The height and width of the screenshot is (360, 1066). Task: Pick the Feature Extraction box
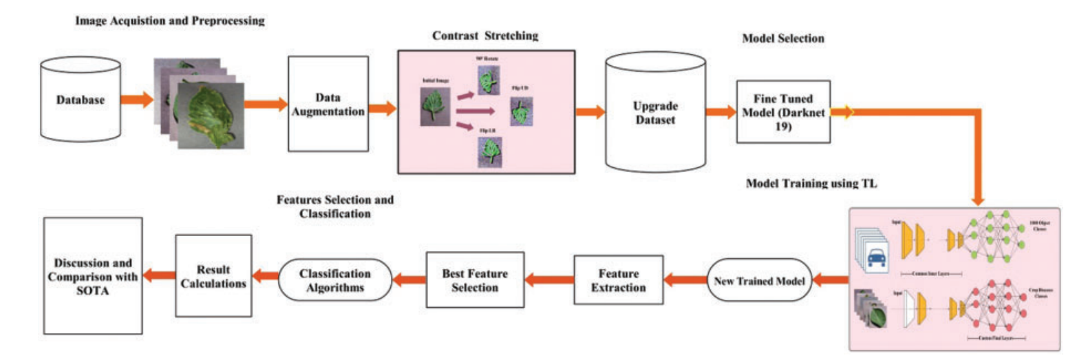[x=618, y=279]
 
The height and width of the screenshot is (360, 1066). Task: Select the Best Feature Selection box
[x=474, y=279]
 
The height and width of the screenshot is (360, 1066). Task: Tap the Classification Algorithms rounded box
[x=334, y=279]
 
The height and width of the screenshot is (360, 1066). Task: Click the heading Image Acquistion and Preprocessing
[x=170, y=21]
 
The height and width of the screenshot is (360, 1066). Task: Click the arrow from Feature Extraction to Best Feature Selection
[x=549, y=279]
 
